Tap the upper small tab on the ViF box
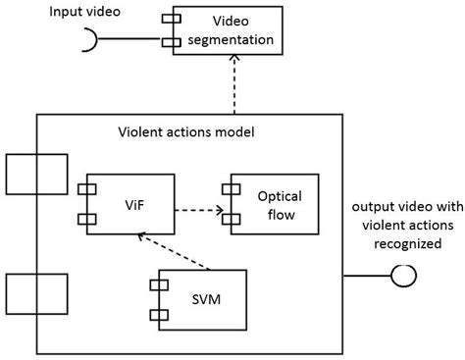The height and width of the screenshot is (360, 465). pyautogui.click(x=87, y=187)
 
